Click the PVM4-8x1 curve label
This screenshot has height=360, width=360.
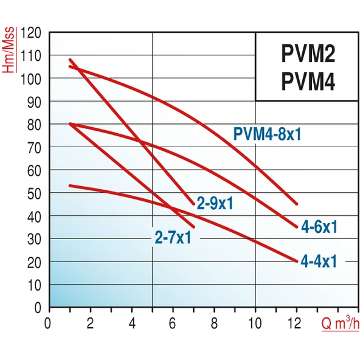[267, 134]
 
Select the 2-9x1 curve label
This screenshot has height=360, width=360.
[215, 203]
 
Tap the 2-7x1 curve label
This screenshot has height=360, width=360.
[173, 237]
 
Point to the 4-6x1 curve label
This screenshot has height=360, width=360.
[319, 227]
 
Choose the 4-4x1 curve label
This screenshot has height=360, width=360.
[319, 261]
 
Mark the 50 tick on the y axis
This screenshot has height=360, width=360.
[35, 193]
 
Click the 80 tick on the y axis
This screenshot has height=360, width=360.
[35, 124]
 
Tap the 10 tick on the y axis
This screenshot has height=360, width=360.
[35, 285]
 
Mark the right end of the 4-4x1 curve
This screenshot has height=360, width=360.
[297, 261]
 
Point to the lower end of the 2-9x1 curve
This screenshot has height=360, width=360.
[194, 204]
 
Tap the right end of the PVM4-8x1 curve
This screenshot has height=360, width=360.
[297, 204]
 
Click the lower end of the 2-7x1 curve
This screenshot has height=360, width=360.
[193, 227]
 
